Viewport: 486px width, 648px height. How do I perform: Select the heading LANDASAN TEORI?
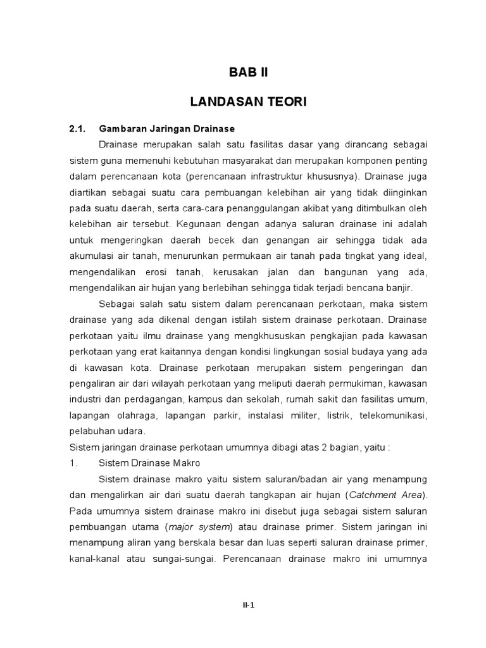tap(248, 102)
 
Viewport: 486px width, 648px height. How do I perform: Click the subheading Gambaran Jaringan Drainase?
tap(167, 129)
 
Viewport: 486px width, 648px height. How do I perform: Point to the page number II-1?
tap(248, 605)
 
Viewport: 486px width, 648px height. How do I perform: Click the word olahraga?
tap(137, 415)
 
